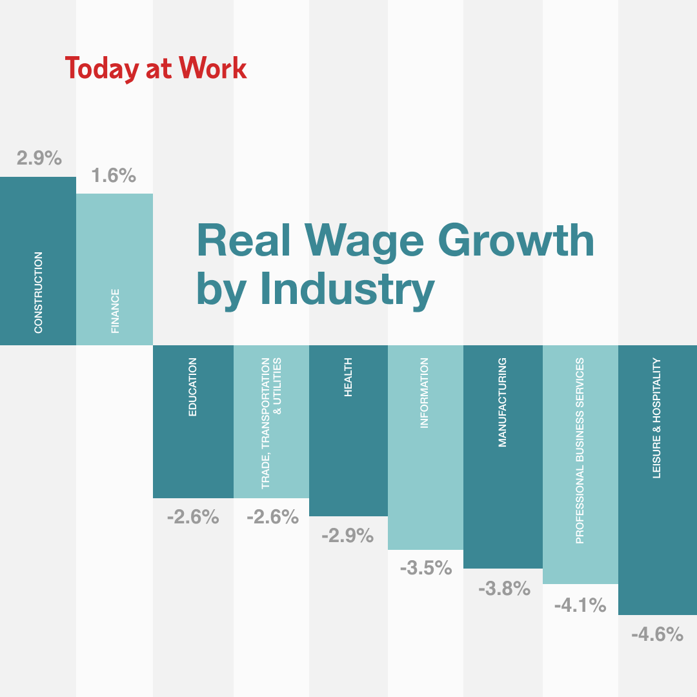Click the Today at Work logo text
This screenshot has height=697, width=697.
point(156,68)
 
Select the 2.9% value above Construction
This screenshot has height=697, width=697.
point(39,158)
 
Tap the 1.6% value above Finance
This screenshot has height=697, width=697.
point(114,175)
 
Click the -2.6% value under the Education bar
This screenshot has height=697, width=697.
point(192,517)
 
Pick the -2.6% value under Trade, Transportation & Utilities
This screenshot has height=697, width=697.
point(272,517)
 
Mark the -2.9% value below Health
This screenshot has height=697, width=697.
point(347,535)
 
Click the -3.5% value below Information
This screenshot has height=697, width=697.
point(425,568)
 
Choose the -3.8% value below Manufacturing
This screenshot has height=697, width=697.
point(504,588)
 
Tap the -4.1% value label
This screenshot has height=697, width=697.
point(580,605)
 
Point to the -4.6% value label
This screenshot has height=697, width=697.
point(657,634)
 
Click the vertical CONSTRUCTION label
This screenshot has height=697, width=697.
point(39,292)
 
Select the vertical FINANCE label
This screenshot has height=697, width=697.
point(116,311)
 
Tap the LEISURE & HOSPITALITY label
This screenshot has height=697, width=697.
point(657,418)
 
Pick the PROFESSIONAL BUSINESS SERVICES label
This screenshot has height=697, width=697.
point(580,450)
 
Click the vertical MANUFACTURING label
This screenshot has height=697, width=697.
point(503,402)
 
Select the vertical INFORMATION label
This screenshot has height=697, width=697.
point(425,394)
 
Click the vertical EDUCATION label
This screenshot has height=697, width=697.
point(193,387)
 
